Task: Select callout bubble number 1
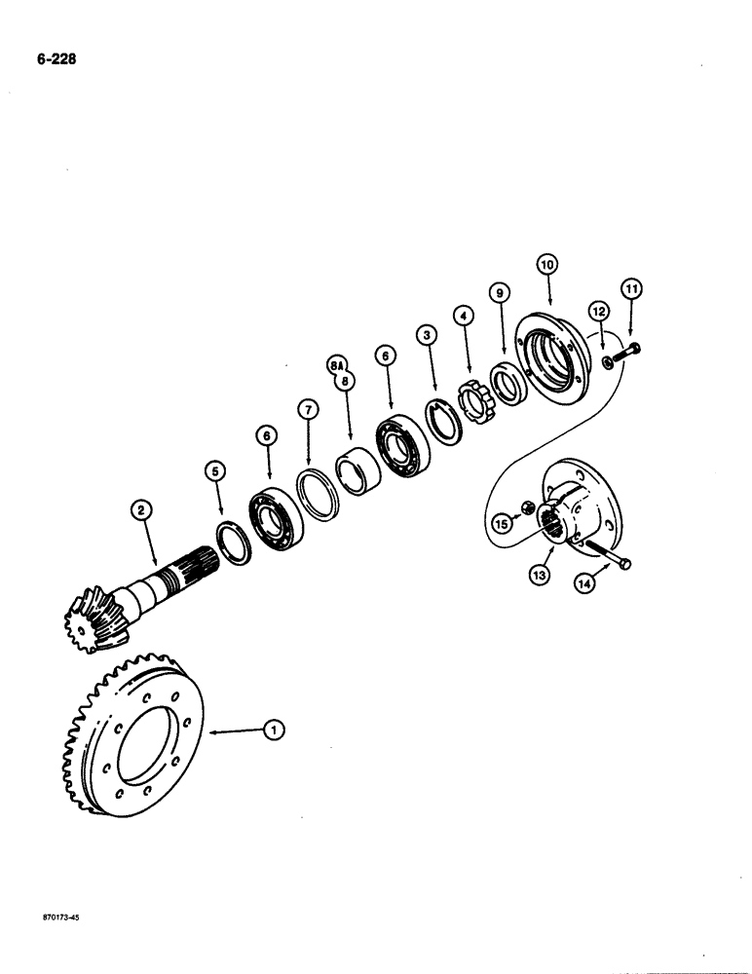coord(276,728)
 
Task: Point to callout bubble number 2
coord(142,508)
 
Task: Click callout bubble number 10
coord(546,263)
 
